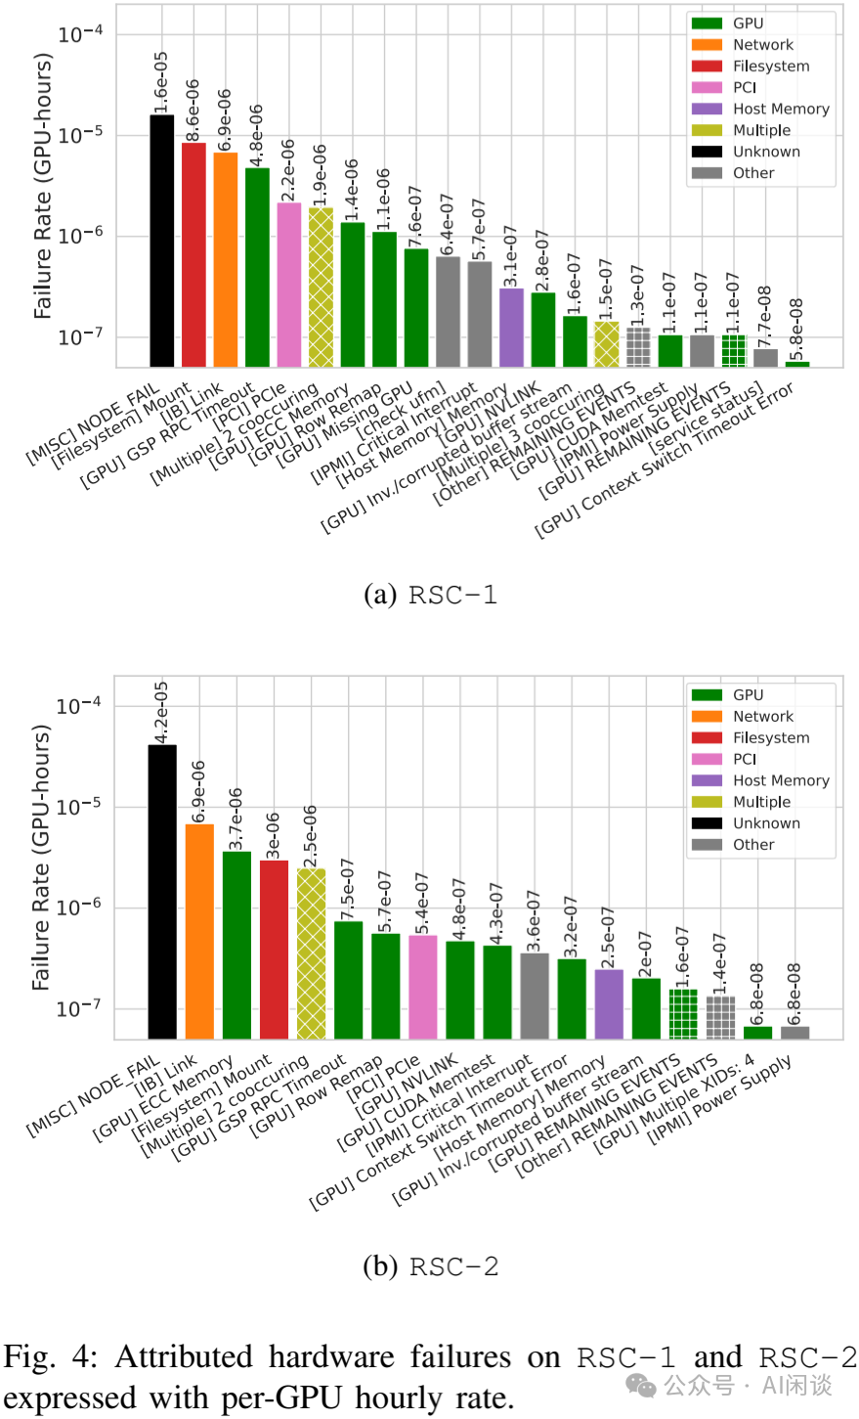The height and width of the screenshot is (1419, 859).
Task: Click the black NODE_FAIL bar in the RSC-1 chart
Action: pyautogui.click(x=161, y=241)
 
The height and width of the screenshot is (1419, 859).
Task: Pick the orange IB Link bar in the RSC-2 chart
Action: pyautogui.click(x=199, y=930)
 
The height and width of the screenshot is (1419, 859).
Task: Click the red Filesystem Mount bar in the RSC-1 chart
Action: pyautogui.click(x=193, y=254)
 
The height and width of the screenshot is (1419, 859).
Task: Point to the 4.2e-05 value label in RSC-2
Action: pyautogui.click(x=162, y=712)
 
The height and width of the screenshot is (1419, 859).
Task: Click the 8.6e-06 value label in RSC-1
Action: pyautogui.click(x=193, y=110)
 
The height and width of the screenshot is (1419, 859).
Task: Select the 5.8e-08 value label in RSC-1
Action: pyautogui.click(x=797, y=329)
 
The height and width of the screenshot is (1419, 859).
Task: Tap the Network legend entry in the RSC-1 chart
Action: pyautogui.click(x=762, y=45)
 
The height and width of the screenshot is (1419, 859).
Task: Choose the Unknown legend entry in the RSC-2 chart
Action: pyautogui.click(x=765, y=823)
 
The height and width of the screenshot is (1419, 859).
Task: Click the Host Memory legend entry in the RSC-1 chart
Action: pyautogui.click(x=780, y=109)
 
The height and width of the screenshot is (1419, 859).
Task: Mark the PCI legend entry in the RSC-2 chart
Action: pyautogui.click(x=744, y=759)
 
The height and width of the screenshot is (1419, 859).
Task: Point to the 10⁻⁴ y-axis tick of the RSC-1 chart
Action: pyautogui.click(x=80, y=35)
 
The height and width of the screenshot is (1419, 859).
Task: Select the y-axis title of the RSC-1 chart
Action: pyautogui.click(x=42, y=186)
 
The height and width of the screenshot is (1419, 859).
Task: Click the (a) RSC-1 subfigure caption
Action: pyautogui.click(x=430, y=595)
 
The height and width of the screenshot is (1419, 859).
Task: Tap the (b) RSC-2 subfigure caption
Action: pyautogui.click(x=430, y=1266)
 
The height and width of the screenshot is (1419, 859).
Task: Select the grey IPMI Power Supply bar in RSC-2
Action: pyautogui.click(x=795, y=1032)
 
